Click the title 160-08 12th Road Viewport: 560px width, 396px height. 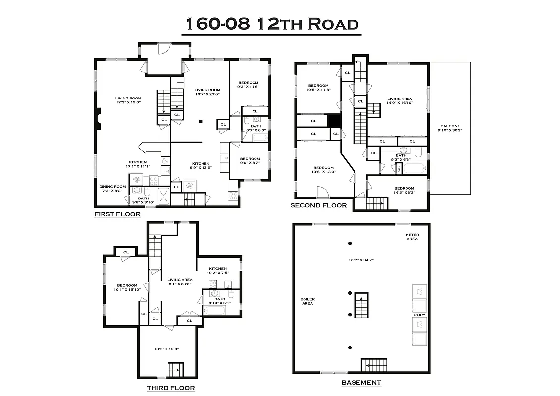[271, 23]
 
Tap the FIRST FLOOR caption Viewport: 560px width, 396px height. [117, 214]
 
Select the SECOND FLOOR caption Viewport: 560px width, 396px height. [318, 205]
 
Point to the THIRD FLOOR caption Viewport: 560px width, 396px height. [170, 388]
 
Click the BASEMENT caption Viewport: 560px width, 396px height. [361, 382]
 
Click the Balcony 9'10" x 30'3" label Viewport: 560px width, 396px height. [450, 128]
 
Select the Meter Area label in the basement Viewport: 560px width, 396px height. [412, 237]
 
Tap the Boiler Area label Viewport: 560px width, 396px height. [307, 301]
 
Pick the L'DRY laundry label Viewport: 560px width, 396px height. [419, 315]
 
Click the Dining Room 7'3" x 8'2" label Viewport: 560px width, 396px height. [112, 189]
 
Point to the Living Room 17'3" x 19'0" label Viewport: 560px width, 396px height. [128, 100]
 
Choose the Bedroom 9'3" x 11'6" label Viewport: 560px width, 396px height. [248, 85]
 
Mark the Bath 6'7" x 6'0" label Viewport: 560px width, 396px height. [256, 128]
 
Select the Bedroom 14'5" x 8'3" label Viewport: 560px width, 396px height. [404, 190]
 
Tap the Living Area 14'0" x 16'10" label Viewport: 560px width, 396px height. [400, 101]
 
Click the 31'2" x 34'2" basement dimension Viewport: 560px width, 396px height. [360, 259]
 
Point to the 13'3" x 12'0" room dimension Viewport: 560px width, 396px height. [166, 349]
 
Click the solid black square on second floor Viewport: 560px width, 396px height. [334, 120]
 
